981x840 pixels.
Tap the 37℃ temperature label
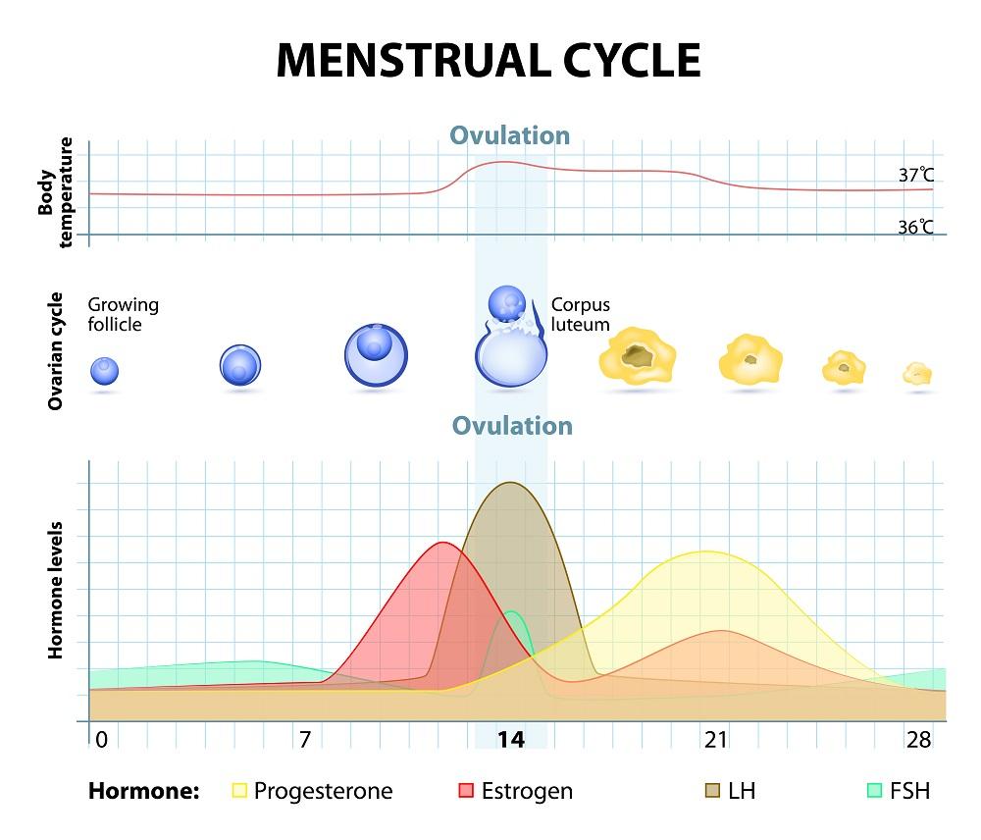pos(915,176)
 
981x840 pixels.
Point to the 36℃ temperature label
pos(915,227)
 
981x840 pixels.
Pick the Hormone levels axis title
pos(56,589)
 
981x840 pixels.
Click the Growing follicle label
pos(123,313)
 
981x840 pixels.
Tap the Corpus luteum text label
pos(581,314)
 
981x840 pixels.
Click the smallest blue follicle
pos(105,371)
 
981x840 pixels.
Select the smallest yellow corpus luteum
pos(917,373)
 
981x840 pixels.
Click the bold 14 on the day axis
pos(510,739)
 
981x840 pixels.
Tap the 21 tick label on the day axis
pos(715,739)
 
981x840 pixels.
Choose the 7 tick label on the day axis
pos(305,739)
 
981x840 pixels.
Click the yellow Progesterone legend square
pos(239,790)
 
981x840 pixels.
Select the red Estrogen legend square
pos(466,790)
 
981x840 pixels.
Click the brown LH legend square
pos(713,790)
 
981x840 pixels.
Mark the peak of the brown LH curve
pos(511,483)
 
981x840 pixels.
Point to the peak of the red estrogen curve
pos(442,543)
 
